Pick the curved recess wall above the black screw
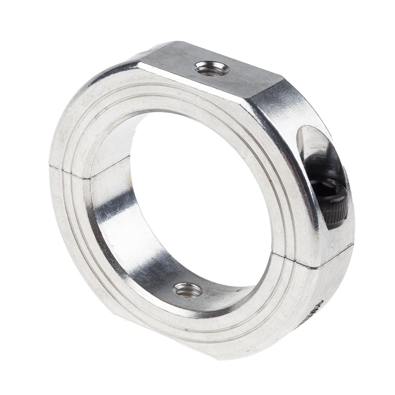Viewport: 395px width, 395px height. (x=313, y=142)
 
